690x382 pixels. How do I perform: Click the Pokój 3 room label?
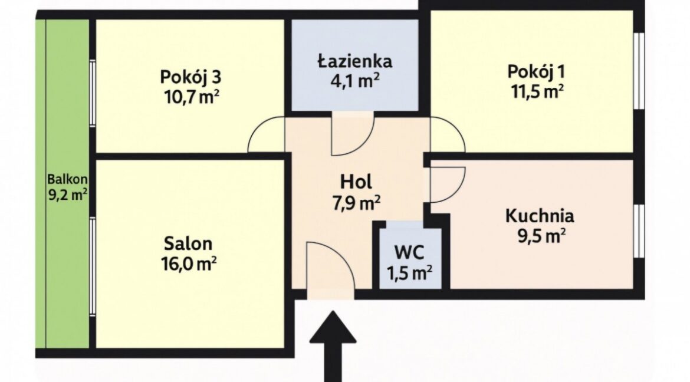(x=190, y=77)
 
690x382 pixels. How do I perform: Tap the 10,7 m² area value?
(x=191, y=96)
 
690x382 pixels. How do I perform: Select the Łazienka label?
(x=354, y=61)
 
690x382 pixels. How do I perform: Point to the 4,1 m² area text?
(x=354, y=81)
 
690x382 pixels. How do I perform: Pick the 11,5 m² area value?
(x=537, y=91)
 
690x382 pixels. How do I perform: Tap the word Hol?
(x=356, y=181)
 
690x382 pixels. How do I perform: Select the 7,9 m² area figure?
(x=356, y=202)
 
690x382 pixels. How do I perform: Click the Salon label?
(x=188, y=243)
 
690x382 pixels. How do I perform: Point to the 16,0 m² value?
(x=188, y=264)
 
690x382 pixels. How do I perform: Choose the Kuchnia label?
(x=540, y=216)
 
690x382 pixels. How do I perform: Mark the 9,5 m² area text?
(x=541, y=237)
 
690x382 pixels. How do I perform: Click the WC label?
(x=409, y=253)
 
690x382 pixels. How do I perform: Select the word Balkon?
(x=67, y=180)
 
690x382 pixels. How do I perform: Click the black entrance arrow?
(x=333, y=347)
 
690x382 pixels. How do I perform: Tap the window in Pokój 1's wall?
(x=639, y=70)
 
